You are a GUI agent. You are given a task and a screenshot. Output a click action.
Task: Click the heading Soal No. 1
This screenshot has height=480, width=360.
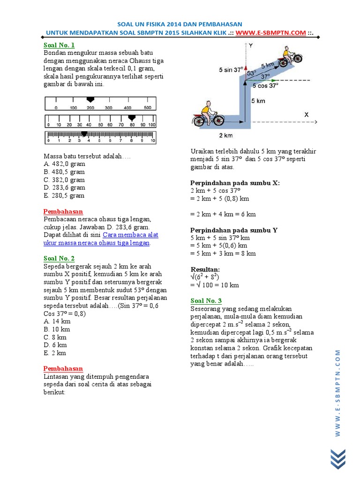[x=59, y=45]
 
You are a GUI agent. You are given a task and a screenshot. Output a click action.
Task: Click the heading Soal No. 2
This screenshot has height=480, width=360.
[x=59, y=258]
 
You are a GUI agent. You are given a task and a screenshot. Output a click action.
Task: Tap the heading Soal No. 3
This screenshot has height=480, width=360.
[x=206, y=300]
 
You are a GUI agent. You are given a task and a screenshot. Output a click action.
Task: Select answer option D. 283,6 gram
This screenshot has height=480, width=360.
[x=64, y=187]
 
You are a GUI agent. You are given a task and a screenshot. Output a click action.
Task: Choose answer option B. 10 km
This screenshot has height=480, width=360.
[x=57, y=329]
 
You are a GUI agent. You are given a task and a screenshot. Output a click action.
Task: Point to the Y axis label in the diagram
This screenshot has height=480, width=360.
[x=251, y=46]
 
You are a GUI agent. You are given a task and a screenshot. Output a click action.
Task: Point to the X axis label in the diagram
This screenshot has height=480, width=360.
[x=307, y=114]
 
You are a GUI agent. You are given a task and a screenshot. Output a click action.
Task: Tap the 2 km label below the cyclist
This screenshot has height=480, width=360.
[x=226, y=135]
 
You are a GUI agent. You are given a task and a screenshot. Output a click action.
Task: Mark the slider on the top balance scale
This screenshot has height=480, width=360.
[x=90, y=99]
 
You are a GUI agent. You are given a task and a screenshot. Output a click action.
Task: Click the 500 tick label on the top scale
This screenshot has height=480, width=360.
[x=147, y=107]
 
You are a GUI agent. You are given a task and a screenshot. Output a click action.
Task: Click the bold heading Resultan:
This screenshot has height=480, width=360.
[x=205, y=270]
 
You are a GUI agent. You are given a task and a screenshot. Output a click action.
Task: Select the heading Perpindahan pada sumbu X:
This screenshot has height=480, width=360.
[x=234, y=183]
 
